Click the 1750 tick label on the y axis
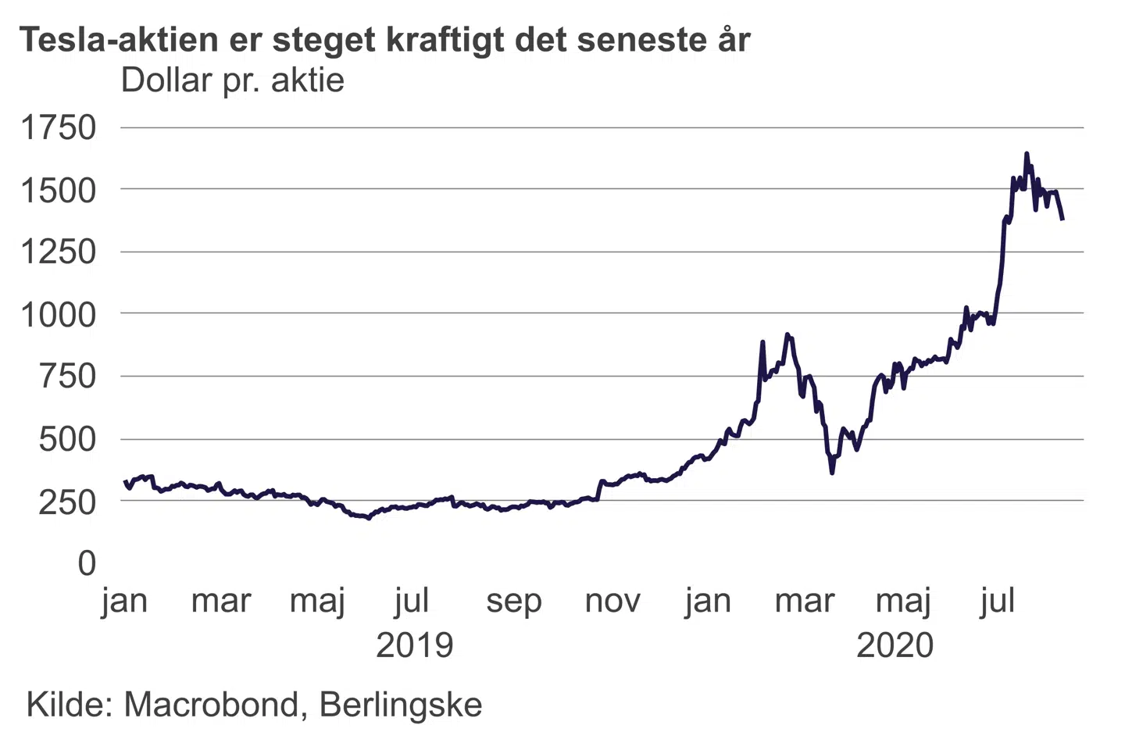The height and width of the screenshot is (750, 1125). pyautogui.click(x=59, y=127)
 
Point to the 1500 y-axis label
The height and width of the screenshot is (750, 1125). pyautogui.click(x=59, y=190)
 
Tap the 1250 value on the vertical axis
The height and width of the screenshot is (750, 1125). pyautogui.click(x=59, y=252)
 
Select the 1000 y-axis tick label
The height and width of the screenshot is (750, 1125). pyautogui.click(x=59, y=314)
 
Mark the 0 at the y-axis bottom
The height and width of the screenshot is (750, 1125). pyautogui.click(x=87, y=563)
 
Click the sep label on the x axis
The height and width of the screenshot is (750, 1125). pyautogui.click(x=513, y=602)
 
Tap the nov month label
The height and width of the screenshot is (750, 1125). pyautogui.click(x=612, y=602)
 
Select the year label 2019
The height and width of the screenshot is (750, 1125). pyautogui.click(x=414, y=646)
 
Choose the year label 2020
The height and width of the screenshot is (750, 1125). pyautogui.click(x=895, y=646)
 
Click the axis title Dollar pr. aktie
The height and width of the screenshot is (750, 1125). pyautogui.click(x=232, y=80)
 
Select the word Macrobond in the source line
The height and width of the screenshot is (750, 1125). pyautogui.click(x=211, y=705)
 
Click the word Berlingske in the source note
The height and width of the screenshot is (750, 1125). pyautogui.click(x=401, y=705)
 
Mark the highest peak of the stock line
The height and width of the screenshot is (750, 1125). pyautogui.click(x=1027, y=153)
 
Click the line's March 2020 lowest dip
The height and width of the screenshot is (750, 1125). pyautogui.click(x=832, y=473)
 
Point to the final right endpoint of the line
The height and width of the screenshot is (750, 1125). pyautogui.click(x=1062, y=220)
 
